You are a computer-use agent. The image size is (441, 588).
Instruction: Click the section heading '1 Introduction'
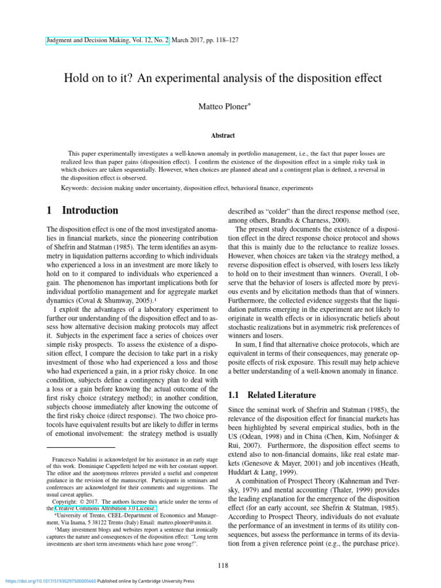click(82, 210)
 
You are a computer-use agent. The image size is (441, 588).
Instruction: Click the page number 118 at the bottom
click(223, 566)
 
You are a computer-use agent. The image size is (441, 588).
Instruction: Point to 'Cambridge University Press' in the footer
click(166, 581)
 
